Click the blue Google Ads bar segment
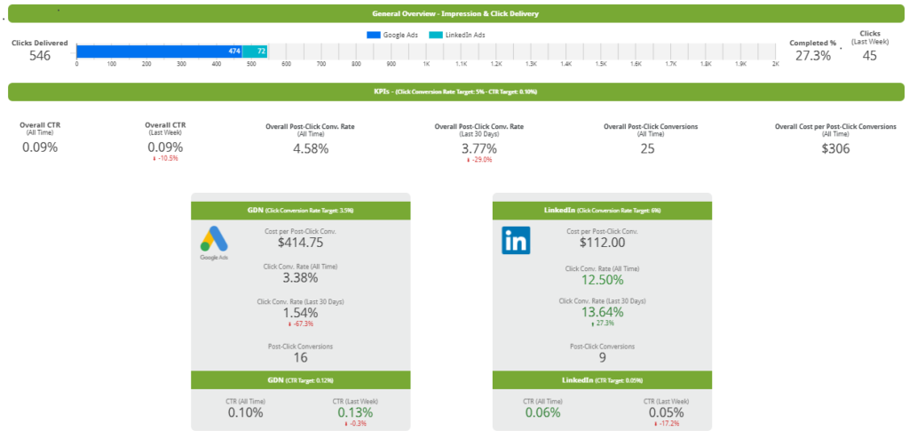click(160, 52)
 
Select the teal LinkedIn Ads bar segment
click(256, 52)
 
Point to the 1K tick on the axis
click(426, 64)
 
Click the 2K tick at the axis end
click(775, 64)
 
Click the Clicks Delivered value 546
click(39, 55)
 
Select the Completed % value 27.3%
click(812, 55)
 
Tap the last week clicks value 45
click(870, 56)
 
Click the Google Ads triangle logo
click(213, 239)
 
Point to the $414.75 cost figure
click(300, 242)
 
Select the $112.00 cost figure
click(602, 242)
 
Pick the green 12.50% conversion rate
click(602, 279)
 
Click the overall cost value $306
click(835, 148)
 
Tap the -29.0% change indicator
click(478, 160)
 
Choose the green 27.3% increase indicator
click(602, 323)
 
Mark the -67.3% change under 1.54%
click(300, 323)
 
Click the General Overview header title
click(455, 14)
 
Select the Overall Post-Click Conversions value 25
click(647, 148)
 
